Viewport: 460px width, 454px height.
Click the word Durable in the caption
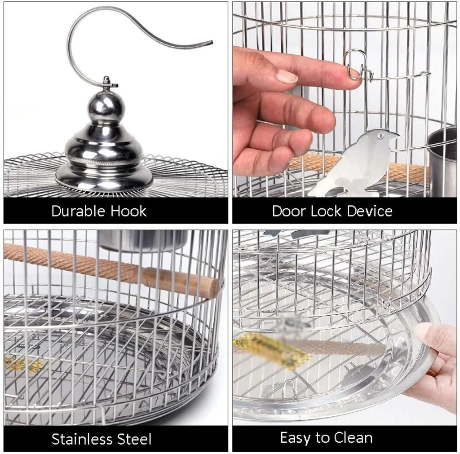78,211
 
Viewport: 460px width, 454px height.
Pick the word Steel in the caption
134,439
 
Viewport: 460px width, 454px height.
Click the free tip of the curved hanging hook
211,42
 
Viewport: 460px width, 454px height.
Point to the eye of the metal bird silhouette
380,136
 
